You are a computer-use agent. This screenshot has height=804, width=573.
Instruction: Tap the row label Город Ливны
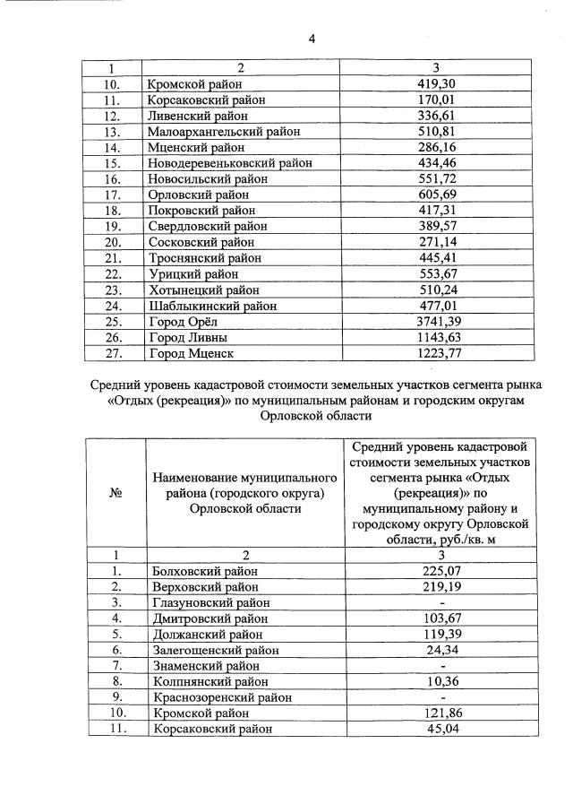click(187, 337)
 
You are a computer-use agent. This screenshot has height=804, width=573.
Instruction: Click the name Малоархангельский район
click(223, 132)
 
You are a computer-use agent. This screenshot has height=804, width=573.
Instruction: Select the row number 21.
click(112, 258)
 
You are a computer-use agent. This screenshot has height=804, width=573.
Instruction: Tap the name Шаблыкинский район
click(210, 306)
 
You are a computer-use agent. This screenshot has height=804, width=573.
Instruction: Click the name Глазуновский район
click(206, 602)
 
